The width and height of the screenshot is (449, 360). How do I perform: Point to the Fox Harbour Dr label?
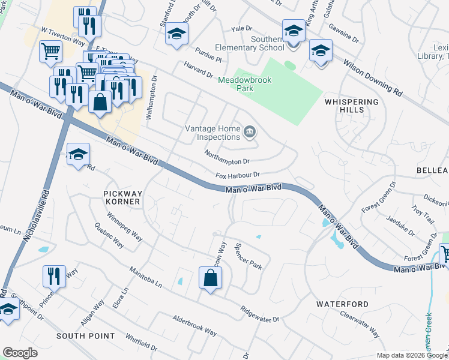coord(238,175)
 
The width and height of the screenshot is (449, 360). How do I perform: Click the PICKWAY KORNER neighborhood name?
coord(122,197)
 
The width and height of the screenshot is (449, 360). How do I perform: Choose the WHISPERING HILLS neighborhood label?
coord(352,106)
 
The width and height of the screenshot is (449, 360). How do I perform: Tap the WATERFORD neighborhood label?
coord(342,304)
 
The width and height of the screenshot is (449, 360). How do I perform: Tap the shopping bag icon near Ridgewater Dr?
coord(210,278)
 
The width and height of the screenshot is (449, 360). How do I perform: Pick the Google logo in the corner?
coord(20,353)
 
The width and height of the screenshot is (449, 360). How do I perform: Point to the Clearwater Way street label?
coord(359,322)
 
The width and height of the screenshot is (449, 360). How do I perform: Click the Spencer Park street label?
coord(249,255)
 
